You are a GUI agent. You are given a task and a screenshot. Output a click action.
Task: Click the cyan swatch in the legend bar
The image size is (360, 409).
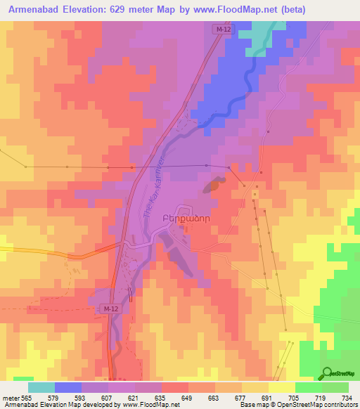tap(41, 387)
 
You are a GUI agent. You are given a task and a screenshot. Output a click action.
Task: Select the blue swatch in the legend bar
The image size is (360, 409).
tap(68, 387)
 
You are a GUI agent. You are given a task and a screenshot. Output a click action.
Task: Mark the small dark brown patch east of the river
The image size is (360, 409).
tap(212, 186)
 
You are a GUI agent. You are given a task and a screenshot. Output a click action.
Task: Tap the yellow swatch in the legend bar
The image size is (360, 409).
tap(255, 387)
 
